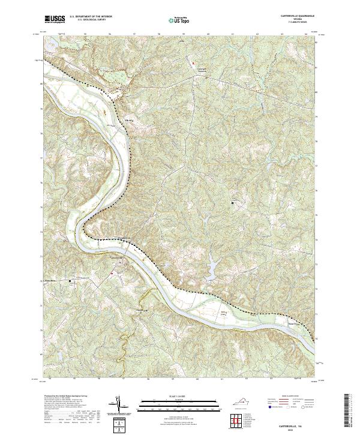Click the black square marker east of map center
233,203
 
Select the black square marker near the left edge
70,280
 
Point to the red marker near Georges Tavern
193,62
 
